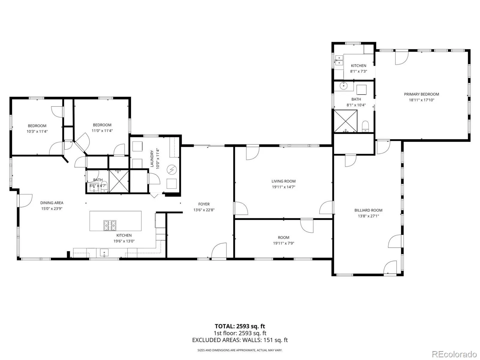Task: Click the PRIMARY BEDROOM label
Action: pos(421,94)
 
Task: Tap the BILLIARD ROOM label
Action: pos(368,210)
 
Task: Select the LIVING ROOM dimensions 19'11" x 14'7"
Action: pos(283,187)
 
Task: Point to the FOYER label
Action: pos(204,204)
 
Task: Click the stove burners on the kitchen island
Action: pos(110,225)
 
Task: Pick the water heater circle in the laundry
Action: pos(172,170)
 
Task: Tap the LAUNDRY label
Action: pos(152,159)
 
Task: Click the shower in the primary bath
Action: pos(346,121)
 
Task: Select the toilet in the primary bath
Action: pos(365,126)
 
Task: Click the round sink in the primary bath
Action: pos(343,86)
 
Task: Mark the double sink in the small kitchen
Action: pos(339,60)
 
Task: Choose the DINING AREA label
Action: pos(52,203)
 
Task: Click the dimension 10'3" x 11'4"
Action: pos(37,132)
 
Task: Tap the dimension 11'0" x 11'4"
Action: pos(102,131)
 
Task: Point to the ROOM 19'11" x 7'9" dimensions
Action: pos(283,243)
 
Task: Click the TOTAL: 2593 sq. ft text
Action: pos(240,326)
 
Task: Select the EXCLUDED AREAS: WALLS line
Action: pos(240,340)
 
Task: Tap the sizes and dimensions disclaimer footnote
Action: pos(240,350)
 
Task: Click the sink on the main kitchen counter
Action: pos(104,253)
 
